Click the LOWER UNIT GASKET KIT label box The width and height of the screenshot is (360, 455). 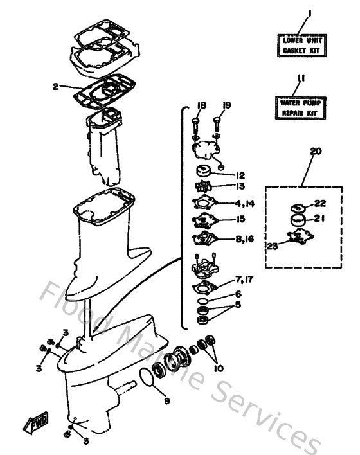tap(300, 44)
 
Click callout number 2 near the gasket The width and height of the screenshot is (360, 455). tap(56, 85)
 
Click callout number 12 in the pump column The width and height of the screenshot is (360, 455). tap(239, 175)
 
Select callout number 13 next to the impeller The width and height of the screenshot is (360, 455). tap(240, 186)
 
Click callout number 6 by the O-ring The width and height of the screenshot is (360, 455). tap(238, 294)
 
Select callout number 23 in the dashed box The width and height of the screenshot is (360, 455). tap(273, 245)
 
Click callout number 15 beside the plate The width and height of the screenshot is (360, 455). tap(239, 219)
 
